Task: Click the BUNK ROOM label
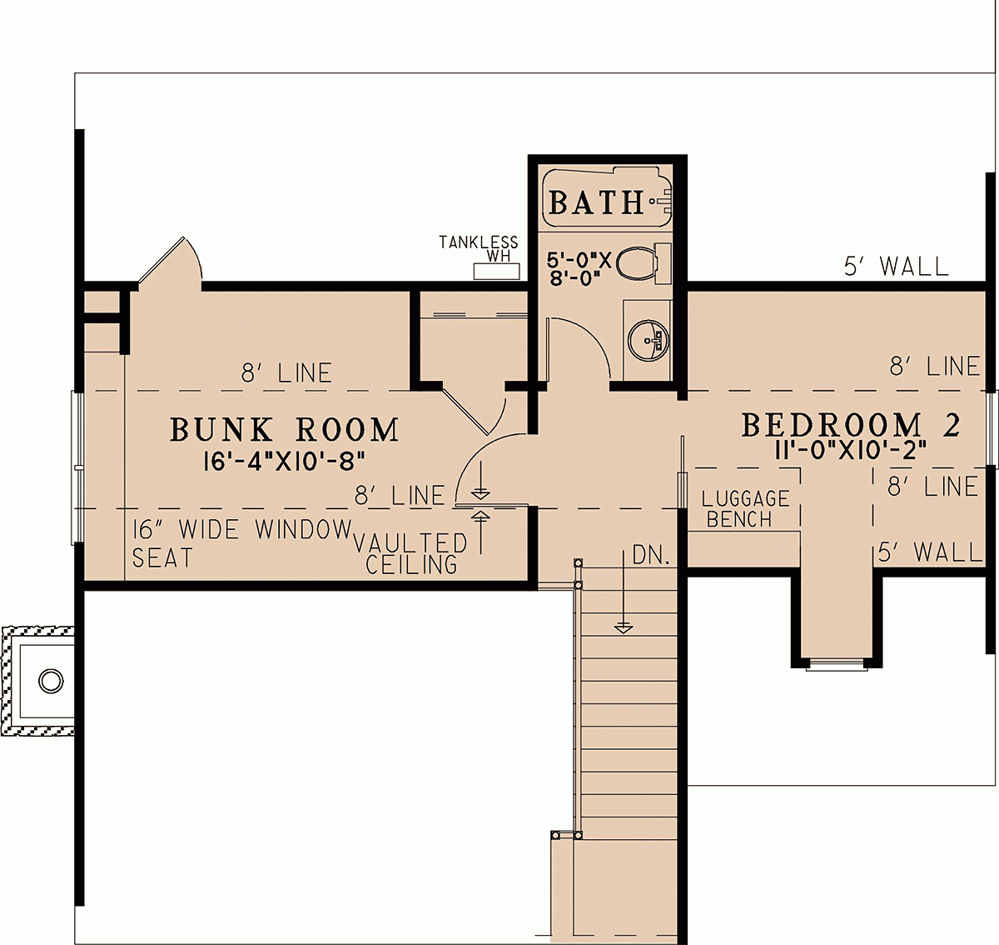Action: (285, 430)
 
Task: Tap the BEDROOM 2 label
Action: (851, 425)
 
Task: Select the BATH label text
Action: (596, 202)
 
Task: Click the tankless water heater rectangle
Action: (497, 271)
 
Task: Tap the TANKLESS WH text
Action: (479, 247)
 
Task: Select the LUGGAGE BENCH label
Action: (744, 509)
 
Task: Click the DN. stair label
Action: (651, 556)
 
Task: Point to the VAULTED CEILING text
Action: (411, 554)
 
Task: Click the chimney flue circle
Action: (51, 681)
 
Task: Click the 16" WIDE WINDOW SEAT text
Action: (241, 542)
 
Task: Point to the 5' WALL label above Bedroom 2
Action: (896, 267)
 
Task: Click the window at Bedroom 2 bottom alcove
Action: (837, 665)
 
